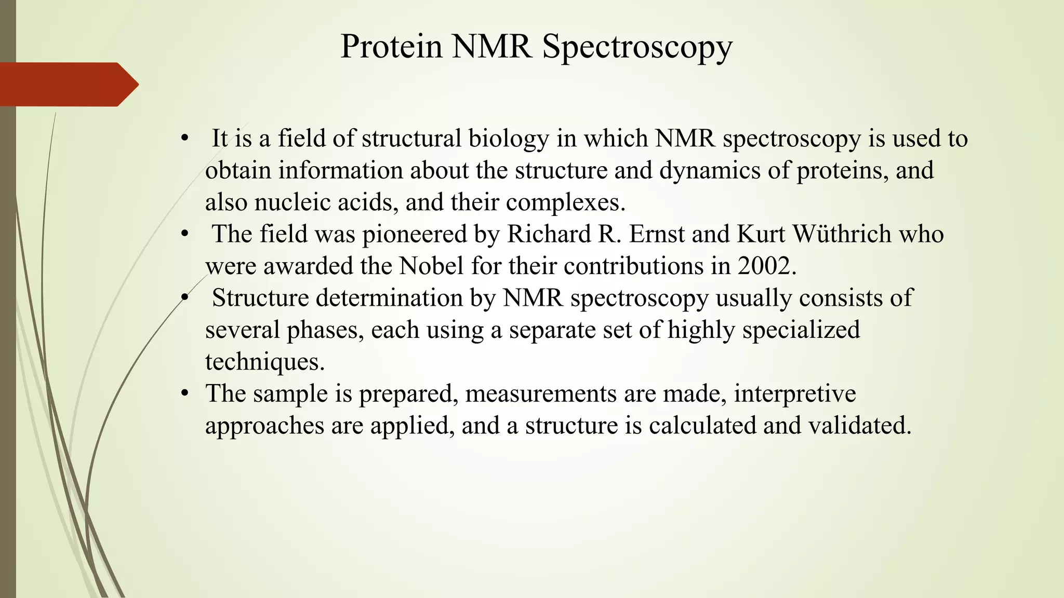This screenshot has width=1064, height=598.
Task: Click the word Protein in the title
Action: [x=391, y=47]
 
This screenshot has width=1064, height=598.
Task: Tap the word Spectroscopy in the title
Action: [x=637, y=47]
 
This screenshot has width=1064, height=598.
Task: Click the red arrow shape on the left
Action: [x=68, y=84]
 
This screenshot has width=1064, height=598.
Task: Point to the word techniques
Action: [x=264, y=362]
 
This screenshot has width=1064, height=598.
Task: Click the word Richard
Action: [x=549, y=234]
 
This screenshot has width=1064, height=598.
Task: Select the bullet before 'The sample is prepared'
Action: [x=184, y=393]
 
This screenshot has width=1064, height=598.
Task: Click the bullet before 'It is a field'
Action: [x=184, y=139]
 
